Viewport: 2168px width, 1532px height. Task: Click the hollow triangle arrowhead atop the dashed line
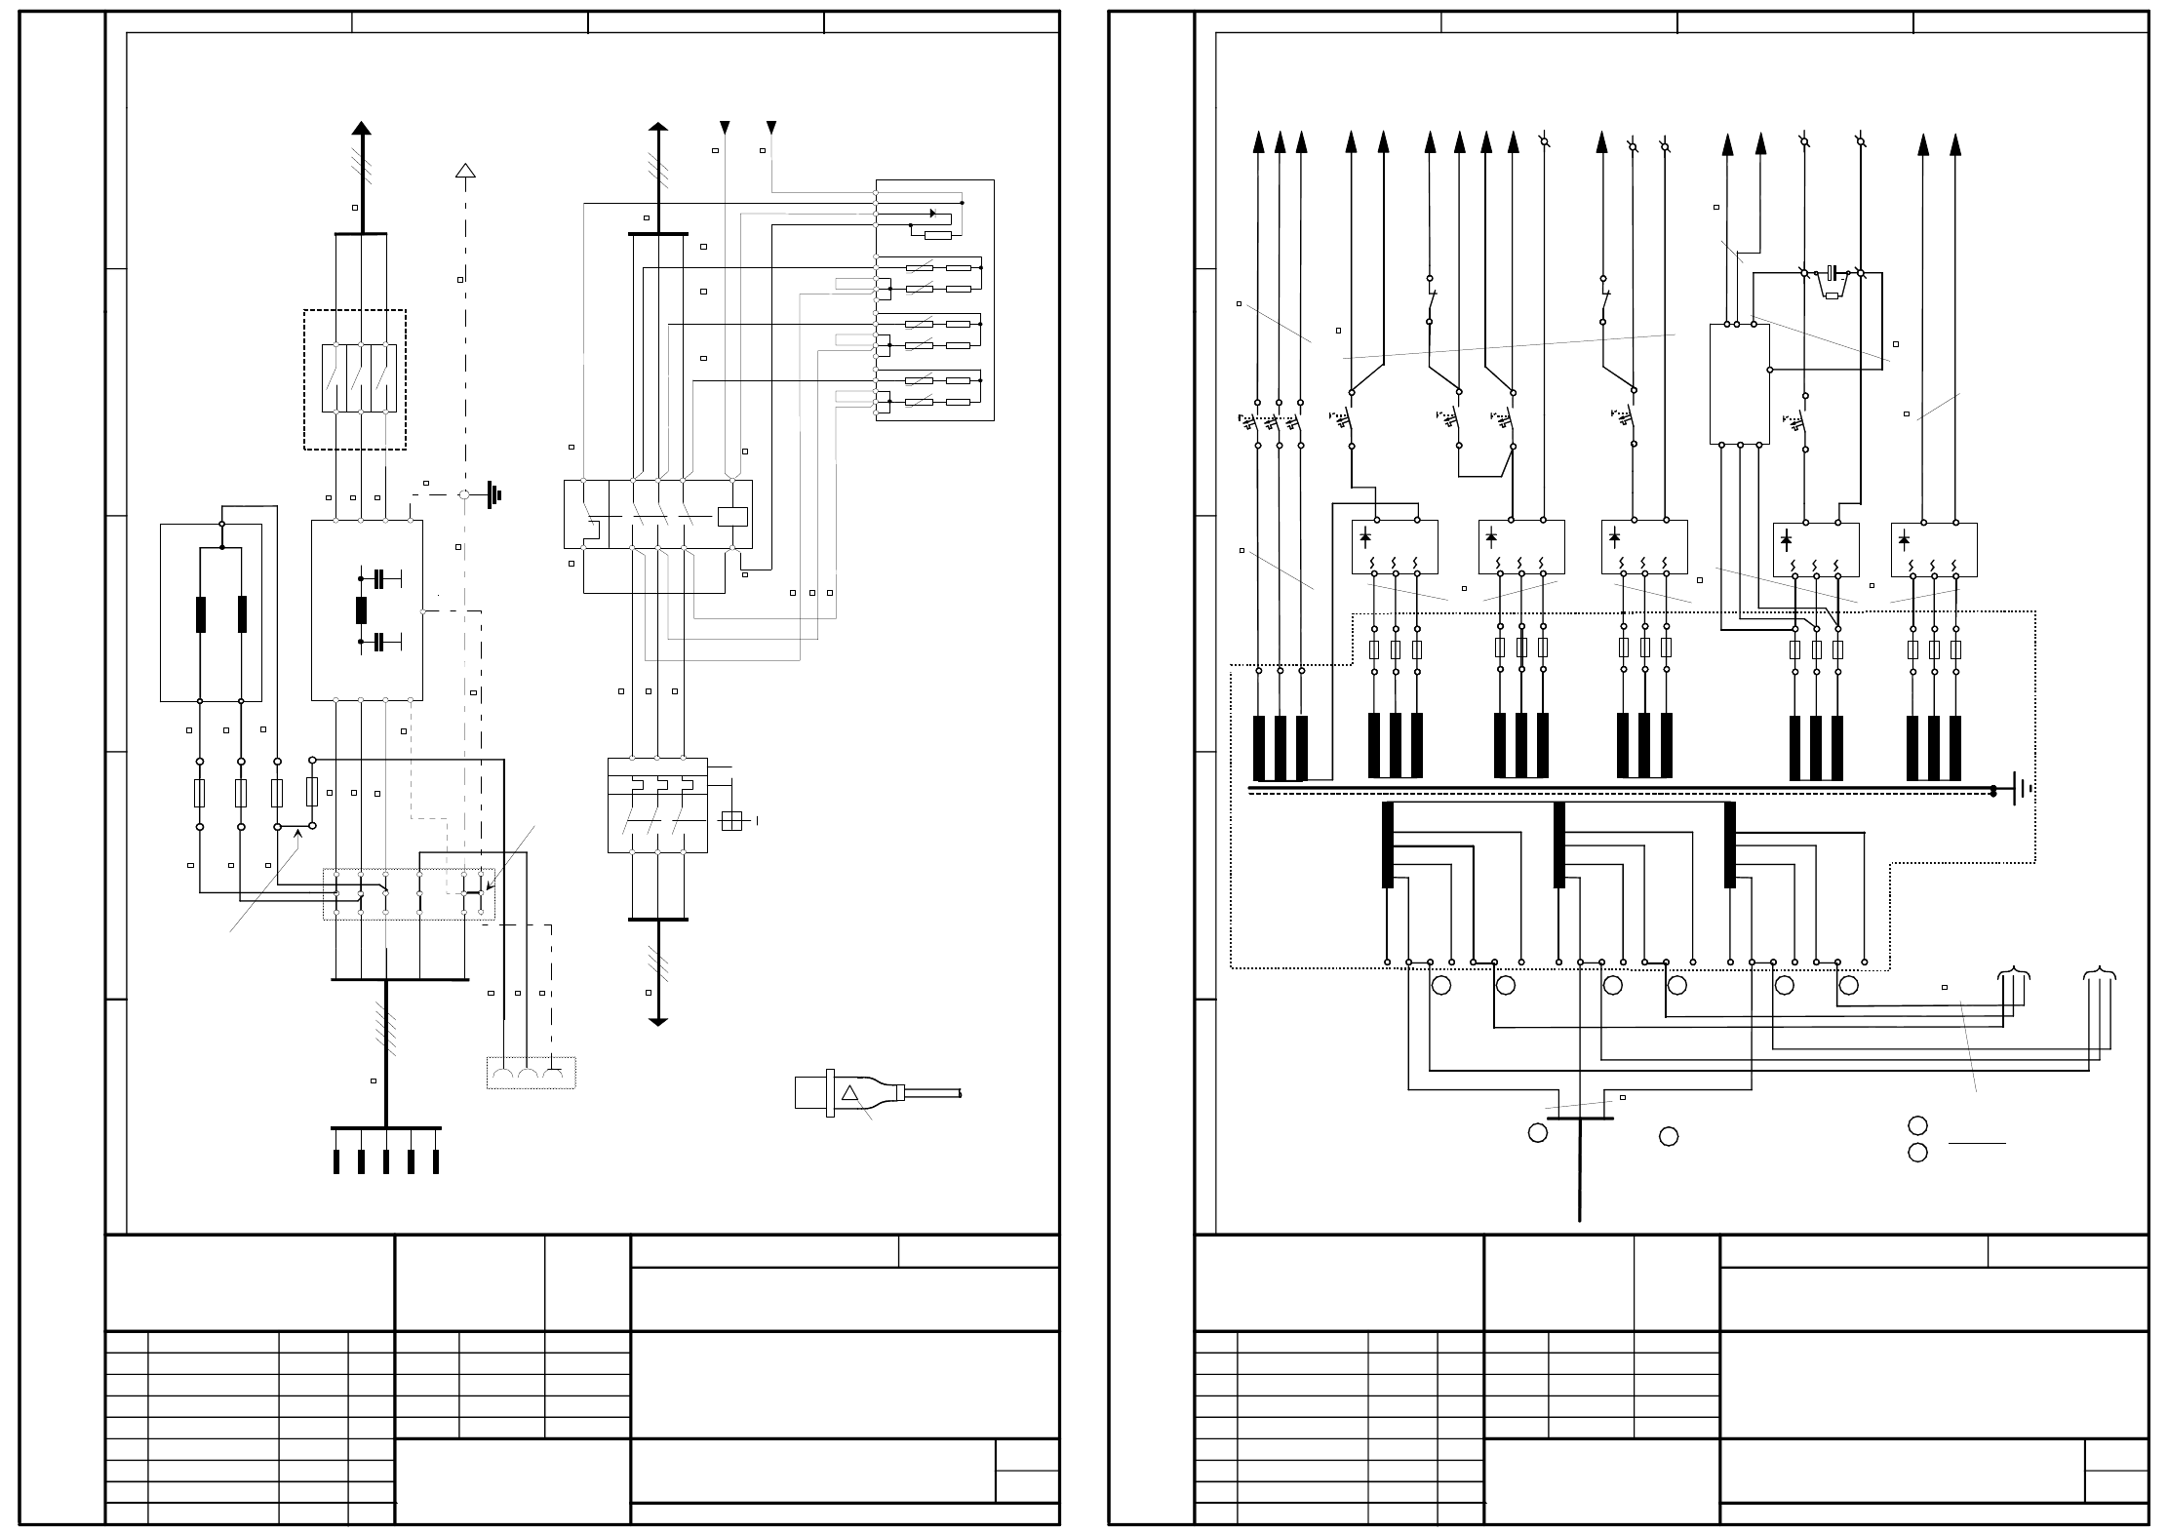[465, 171]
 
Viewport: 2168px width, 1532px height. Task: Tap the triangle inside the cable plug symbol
[849, 1093]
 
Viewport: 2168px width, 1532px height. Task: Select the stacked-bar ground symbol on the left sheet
[494, 495]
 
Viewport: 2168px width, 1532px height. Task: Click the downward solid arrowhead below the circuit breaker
[658, 1021]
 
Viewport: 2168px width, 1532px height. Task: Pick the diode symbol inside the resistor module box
[932, 214]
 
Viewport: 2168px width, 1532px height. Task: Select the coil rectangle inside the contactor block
[732, 517]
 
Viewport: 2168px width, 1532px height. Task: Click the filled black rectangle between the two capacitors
[361, 610]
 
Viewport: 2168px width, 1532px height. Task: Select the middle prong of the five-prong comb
[386, 1161]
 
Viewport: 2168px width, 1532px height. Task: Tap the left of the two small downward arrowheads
[725, 128]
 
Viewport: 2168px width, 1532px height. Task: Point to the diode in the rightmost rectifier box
[1904, 540]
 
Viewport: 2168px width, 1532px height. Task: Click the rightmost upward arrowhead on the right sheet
[1954, 144]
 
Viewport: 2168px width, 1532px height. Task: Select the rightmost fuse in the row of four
[312, 792]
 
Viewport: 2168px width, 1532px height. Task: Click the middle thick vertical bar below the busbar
[1559, 845]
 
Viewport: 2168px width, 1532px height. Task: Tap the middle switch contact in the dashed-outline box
[361, 378]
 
